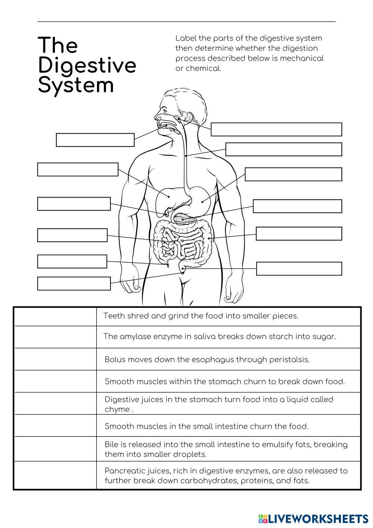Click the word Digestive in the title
(87, 66)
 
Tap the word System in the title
(76, 86)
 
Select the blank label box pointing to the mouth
(95, 140)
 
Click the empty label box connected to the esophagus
(283, 149)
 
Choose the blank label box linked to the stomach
(293, 174)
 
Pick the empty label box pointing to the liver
(78, 169)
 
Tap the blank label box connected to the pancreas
(297, 206)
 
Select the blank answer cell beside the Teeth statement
(55, 317)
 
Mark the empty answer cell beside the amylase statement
(55, 337)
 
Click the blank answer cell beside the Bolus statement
(55, 359)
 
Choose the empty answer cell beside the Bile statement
(55, 449)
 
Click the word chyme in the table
(117, 409)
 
